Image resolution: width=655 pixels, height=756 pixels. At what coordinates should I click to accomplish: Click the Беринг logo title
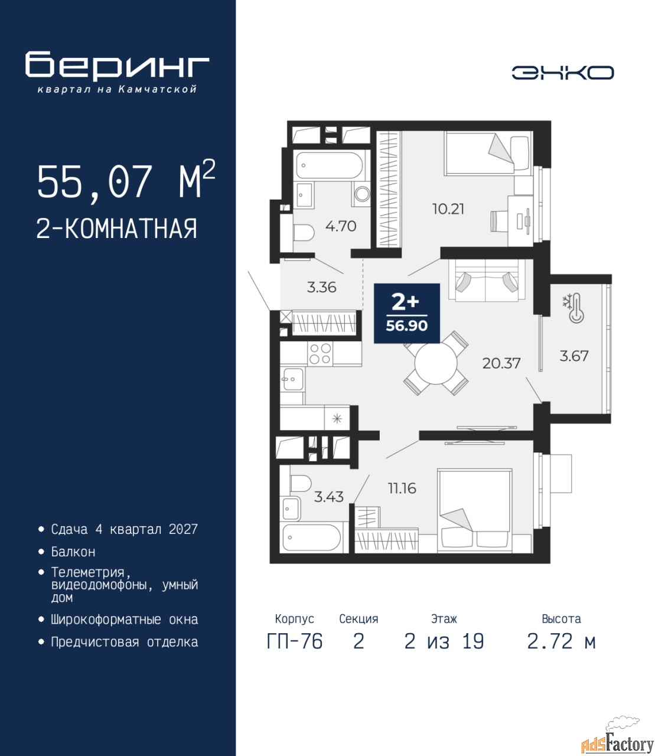(117, 64)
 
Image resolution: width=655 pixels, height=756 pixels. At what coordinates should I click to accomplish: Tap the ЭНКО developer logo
(562, 73)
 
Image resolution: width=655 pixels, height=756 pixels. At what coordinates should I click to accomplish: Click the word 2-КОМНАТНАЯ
(117, 229)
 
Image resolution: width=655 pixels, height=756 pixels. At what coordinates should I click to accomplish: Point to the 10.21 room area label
(448, 209)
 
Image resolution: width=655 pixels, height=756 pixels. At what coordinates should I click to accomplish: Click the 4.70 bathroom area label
(341, 226)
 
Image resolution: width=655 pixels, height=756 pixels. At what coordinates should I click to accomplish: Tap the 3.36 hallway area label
(321, 287)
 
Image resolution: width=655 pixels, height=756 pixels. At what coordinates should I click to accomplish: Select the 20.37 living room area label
(501, 363)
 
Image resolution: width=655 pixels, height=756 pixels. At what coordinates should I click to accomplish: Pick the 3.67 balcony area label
(574, 356)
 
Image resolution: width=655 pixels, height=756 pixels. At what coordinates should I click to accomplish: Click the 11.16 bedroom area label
(402, 488)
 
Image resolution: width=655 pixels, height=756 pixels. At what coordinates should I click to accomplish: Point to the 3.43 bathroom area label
(329, 497)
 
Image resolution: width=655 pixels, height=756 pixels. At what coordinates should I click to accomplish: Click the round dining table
(436, 363)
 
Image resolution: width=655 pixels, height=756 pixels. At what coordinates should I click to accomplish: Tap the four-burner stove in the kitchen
(320, 354)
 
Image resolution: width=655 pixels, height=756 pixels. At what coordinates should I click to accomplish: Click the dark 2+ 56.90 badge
(407, 313)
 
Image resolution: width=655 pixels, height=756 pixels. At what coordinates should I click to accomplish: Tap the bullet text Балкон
(73, 552)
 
